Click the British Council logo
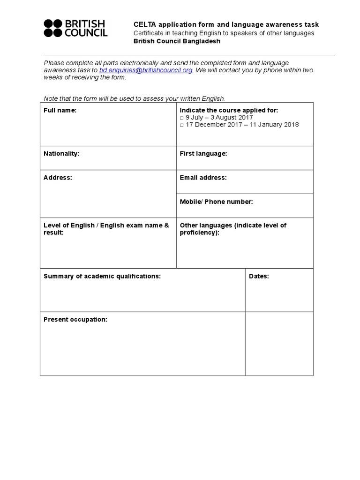(x=75, y=28)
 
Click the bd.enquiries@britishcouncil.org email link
(x=146, y=70)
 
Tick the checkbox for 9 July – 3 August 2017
(x=182, y=118)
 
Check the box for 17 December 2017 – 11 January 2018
(x=182, y=125)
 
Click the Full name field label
(x=60, y=111)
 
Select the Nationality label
(x=61, y=154)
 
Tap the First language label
(x=203, y=154)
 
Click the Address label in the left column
(x=58, y=178)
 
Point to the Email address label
(x=203, y=178)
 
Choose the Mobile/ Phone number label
(x=216, y=202)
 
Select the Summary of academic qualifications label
(x=102, y=277)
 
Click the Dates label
(x=259, y=277)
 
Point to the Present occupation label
(x=75, y=320)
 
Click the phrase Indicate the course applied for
(x=229, y=111)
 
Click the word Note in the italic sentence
(x=51, y=98)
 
